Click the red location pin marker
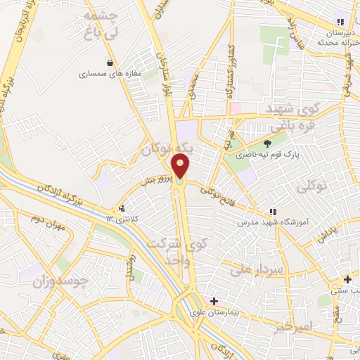181,166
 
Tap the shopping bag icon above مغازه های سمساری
109,62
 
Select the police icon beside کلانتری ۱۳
122,208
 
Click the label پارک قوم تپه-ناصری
277,153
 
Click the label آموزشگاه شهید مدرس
293,222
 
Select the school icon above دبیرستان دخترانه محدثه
341,22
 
